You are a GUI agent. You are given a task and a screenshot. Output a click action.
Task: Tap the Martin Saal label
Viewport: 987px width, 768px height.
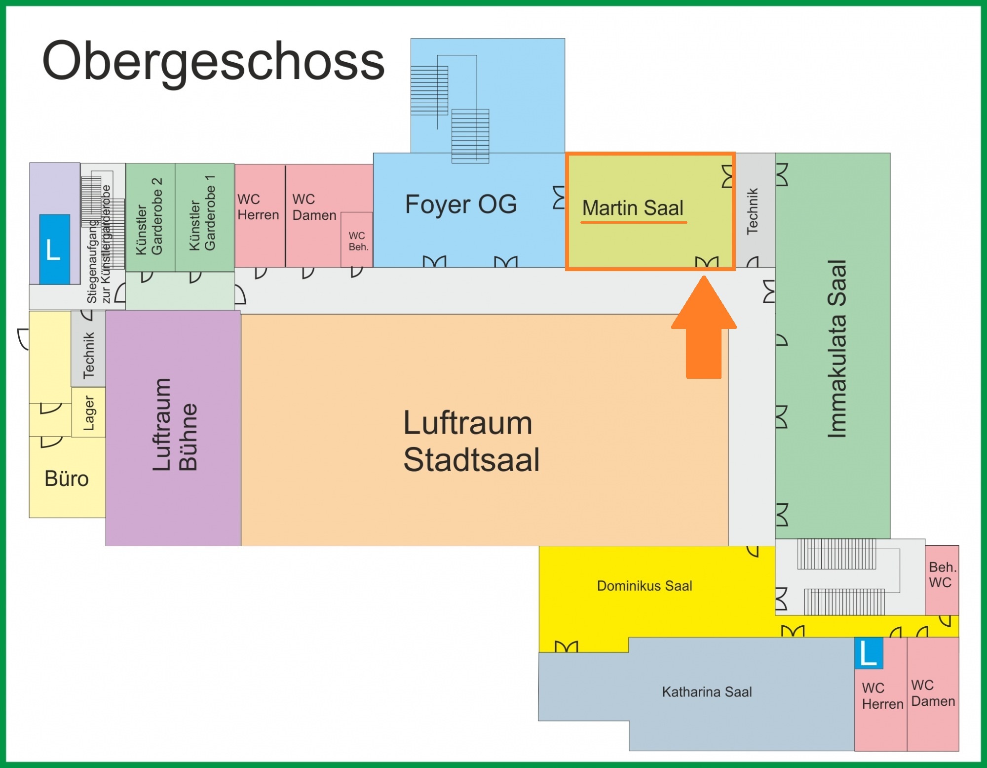tap(633, 208)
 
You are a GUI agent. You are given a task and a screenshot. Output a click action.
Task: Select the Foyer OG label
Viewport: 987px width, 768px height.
tap(461, 204)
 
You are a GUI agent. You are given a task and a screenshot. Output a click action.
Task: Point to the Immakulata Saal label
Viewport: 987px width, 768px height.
tap(837, 348)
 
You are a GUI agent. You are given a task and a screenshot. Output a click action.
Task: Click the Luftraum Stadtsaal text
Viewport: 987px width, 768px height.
tap(471, 441)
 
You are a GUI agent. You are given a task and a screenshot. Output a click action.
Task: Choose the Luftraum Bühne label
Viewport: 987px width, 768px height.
tap(175, 425)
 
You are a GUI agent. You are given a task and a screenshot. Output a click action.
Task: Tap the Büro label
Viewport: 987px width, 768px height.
tap(67, 479)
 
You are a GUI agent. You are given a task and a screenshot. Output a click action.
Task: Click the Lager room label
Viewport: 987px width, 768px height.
tap(89, 413)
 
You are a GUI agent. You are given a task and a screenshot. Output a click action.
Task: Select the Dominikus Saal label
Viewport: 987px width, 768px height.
tap(645, 586)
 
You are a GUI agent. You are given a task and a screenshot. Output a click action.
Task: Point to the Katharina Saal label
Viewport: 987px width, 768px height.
tap(707, 692)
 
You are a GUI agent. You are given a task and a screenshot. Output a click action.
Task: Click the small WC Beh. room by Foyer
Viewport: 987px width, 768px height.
tap(357, 241)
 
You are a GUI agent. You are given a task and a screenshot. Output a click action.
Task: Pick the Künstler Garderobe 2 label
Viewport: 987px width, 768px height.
tap(150, 216)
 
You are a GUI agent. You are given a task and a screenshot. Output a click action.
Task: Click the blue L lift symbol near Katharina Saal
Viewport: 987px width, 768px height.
tap(869, 653)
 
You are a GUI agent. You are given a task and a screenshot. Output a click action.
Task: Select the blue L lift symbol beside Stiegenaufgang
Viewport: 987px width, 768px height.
tap(54, 249)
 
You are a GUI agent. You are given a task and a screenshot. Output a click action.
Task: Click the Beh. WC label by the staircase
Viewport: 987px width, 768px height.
tap(942, 575)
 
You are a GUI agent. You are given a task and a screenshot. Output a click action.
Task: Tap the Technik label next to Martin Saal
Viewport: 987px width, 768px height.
tap(752, 211)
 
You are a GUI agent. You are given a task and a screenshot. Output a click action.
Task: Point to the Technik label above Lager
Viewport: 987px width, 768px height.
tap(89, 355)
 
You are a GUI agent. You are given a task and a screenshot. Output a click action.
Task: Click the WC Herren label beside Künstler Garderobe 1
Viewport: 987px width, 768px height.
tap(258, 207)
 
